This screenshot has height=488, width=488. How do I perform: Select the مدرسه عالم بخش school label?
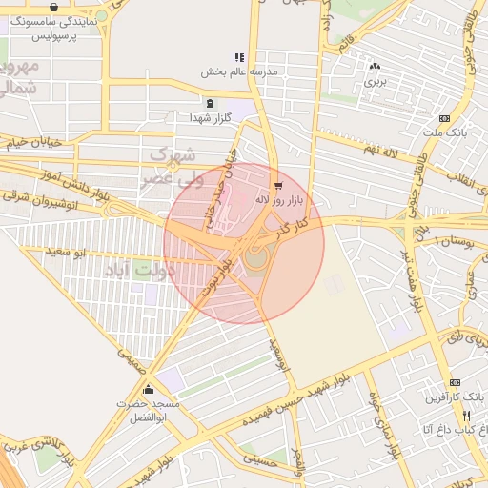click(238, 71)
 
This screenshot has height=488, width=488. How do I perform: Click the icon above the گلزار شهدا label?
click(210, 103)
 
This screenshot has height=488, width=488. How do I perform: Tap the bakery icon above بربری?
click(374, 67)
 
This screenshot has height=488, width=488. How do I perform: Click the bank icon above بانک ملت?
click(443, 118)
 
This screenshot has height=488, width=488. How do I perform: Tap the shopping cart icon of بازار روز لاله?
click(277, 186)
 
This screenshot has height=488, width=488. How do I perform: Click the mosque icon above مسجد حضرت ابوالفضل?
click(148, 390)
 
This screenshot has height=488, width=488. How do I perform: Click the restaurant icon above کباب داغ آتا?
click(466, 415)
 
